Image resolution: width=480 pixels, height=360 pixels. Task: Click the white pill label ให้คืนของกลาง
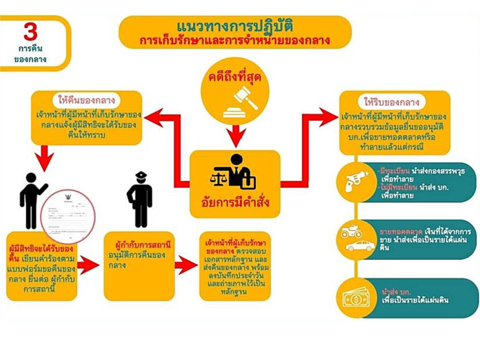87,100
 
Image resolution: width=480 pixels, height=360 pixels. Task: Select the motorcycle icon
352,232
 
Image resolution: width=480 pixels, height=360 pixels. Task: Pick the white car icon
360,246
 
